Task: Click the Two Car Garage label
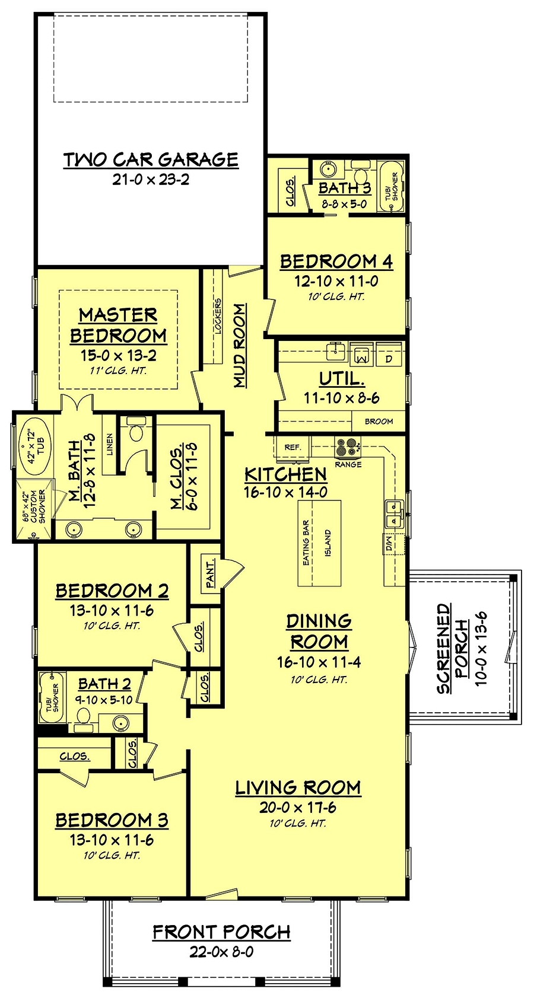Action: point(151,160)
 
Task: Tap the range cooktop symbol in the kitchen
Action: point(347,445)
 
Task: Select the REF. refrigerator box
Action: point(293,448)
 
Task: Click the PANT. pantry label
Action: point(210,573)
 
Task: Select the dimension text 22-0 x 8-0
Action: point(221,952)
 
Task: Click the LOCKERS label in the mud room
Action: point(218,317)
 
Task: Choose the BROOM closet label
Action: point(379,421)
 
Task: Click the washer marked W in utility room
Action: point(361,355)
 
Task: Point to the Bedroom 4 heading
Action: point(336,261)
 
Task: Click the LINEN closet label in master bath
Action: point(110,444)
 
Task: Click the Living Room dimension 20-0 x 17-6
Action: point(298,807)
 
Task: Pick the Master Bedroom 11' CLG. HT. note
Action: point(118,371)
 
